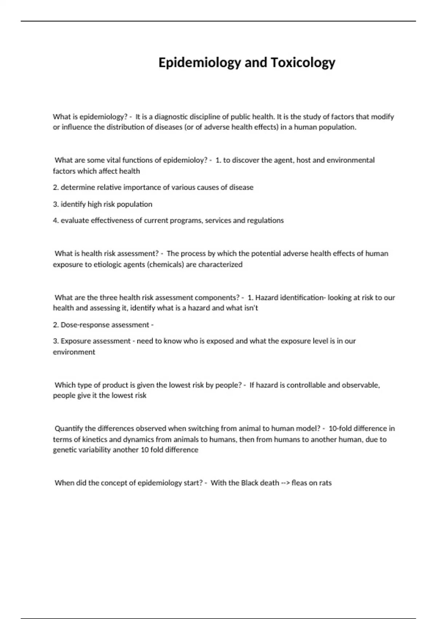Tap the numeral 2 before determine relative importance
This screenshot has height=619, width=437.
tap(55, 188)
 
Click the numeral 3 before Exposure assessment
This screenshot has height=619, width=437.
tap(55, 341)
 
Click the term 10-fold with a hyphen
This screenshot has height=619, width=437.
tap(340, 429)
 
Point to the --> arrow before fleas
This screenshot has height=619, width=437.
tap(285, 483)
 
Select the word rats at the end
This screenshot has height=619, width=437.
tap(325, 483)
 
